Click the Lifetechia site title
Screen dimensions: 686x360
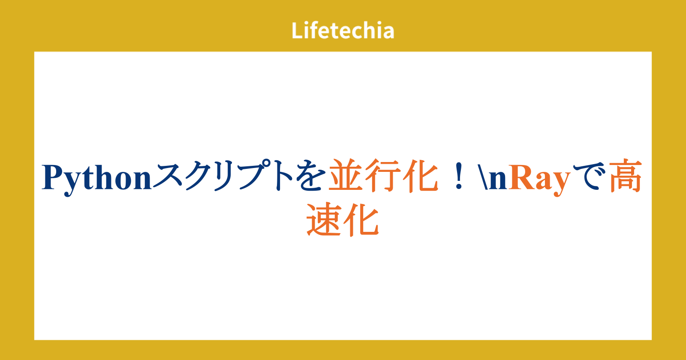343,30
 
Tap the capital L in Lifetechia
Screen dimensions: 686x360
297,30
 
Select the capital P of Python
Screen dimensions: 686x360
53,177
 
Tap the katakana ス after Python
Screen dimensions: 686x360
168,176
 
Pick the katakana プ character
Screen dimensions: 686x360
255,175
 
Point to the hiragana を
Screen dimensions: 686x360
310,176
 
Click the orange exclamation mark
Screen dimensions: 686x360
458,176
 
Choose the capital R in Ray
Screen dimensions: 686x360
521,177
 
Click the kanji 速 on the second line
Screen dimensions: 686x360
324,219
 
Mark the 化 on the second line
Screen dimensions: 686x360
361,219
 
